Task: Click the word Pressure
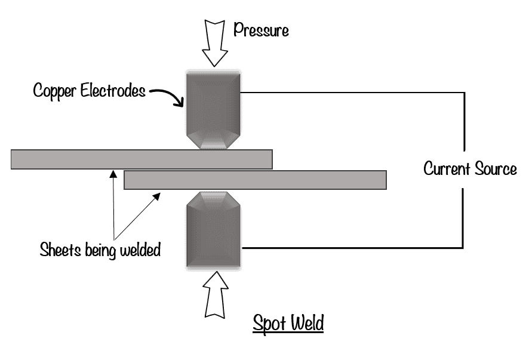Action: (x=261, y=30)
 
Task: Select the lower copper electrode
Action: (x=213, y=233)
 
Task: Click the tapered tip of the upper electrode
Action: (x=212, y=141)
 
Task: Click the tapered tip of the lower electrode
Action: (x=213, y=199)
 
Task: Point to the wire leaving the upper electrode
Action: (x=352, y=92)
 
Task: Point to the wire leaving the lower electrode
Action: (x=352, y=248)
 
